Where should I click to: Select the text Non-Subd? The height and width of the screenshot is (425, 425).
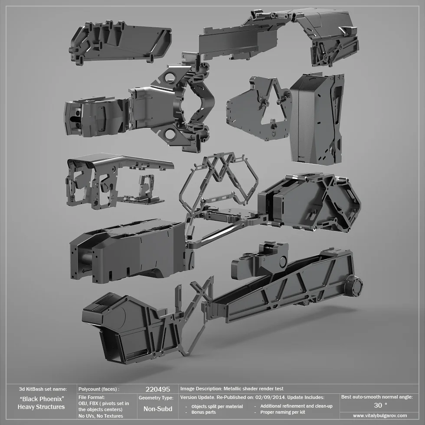coord(157,409)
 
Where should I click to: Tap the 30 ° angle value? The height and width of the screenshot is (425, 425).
coord(380,405)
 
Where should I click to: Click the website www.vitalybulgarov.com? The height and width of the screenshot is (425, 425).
coord(380,415)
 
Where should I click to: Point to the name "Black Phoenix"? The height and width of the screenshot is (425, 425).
coord(42,399)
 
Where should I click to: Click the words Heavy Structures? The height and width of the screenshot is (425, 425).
coord(41,407)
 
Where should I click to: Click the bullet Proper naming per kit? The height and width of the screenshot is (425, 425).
coord(282,412)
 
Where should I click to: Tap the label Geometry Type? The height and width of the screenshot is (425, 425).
coord(156,398)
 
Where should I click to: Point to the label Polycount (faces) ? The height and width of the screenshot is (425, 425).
coord(98,389)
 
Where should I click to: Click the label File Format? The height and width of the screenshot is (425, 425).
coord(92,397)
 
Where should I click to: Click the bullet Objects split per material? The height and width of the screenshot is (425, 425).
coord(217,406)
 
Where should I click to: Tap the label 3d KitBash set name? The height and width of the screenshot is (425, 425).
coord(43,389)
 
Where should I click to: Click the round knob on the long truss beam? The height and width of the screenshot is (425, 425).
coord(355,286)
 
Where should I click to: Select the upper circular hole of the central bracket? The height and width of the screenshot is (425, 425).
coord(170,78)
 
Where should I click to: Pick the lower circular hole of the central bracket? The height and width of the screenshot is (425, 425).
coord(170,134)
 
